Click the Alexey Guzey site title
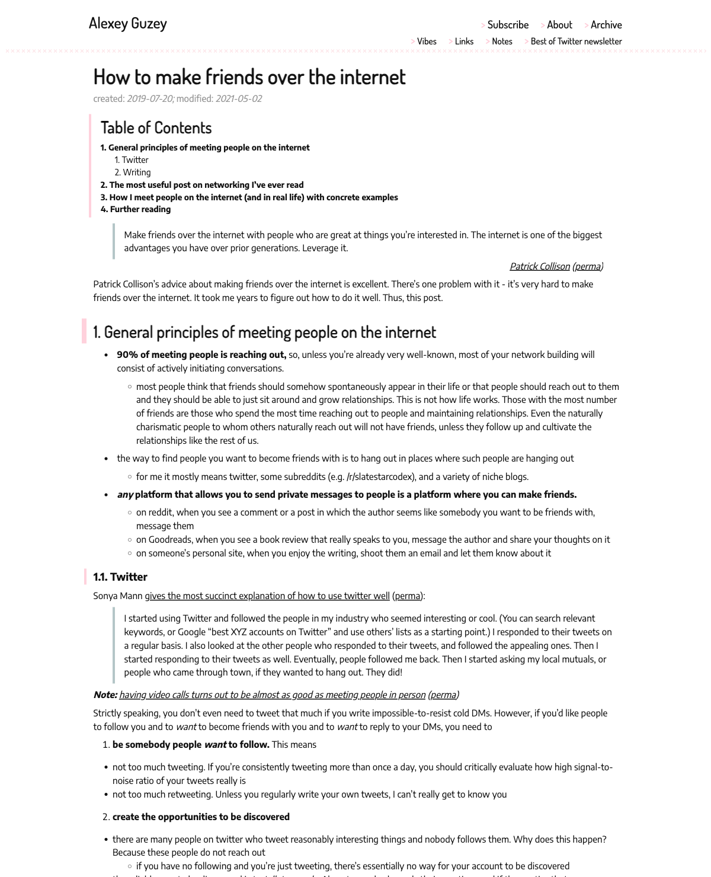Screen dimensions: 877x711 (x=128, y=23)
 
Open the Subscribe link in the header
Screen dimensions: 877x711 (x=508, y=25)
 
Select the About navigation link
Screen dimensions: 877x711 (x=559, y=25)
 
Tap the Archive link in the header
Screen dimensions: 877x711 (x=606, y=25)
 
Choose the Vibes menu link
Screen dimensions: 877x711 (x=427, y=41)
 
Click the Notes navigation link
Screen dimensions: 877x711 (x=502, y=41)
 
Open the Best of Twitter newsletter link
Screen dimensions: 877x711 (x=576, y=41)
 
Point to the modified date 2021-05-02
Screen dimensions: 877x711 (x=239, y=99)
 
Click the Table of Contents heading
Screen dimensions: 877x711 (x=156, y=128)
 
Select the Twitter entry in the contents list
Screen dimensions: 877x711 (x=135, y=160)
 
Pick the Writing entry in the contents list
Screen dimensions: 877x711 (x=137, y=172)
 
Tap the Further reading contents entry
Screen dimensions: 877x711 (x=140, y=209)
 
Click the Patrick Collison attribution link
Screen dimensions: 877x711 (x=539, y=267)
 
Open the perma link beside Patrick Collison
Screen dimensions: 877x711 (x=588, y=267)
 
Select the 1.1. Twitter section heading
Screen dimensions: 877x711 (x=120, y=577)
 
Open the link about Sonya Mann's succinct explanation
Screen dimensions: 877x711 (x=267, y=596)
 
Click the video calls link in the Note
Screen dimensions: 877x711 (x=272, y=695)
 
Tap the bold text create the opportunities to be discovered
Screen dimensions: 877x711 (x=201, y=817)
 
